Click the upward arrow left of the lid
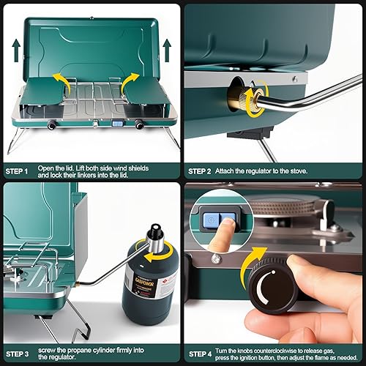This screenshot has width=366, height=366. click(x=15, y=51)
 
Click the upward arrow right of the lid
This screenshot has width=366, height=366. click(x=167, y=51)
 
